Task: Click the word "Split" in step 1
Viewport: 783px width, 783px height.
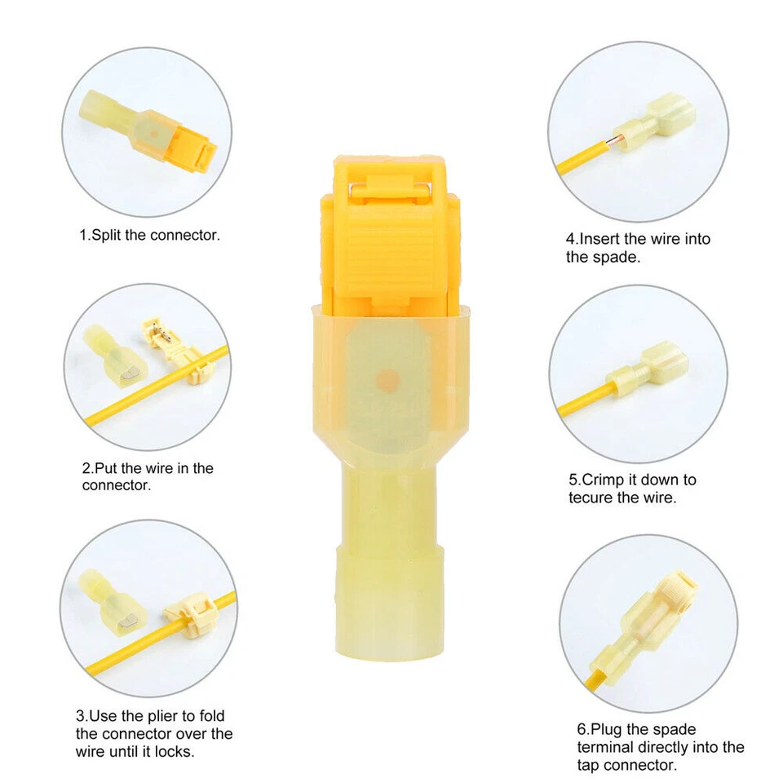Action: pyautogui.click(x=109, y=236)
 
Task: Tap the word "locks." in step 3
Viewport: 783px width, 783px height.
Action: pyautogui.click(x=175, y=751)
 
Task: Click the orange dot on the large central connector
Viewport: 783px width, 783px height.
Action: pyautogui.click(x=389, y=379)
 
